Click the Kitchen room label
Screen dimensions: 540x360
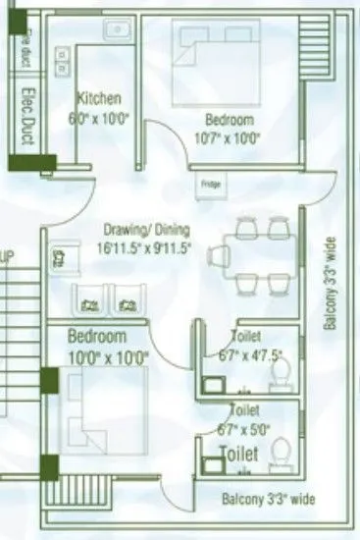click(99, 98)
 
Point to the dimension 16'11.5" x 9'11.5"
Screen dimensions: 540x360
click(143, 247)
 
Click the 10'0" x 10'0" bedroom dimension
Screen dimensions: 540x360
click(107, 356)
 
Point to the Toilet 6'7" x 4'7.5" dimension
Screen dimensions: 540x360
click(235, 353)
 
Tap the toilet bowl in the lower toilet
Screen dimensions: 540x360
click(279, 454)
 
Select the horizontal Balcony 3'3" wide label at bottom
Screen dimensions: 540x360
click(269, 500)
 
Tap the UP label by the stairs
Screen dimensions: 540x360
click(7, 257)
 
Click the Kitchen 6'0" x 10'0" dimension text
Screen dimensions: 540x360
click(99, 117)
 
